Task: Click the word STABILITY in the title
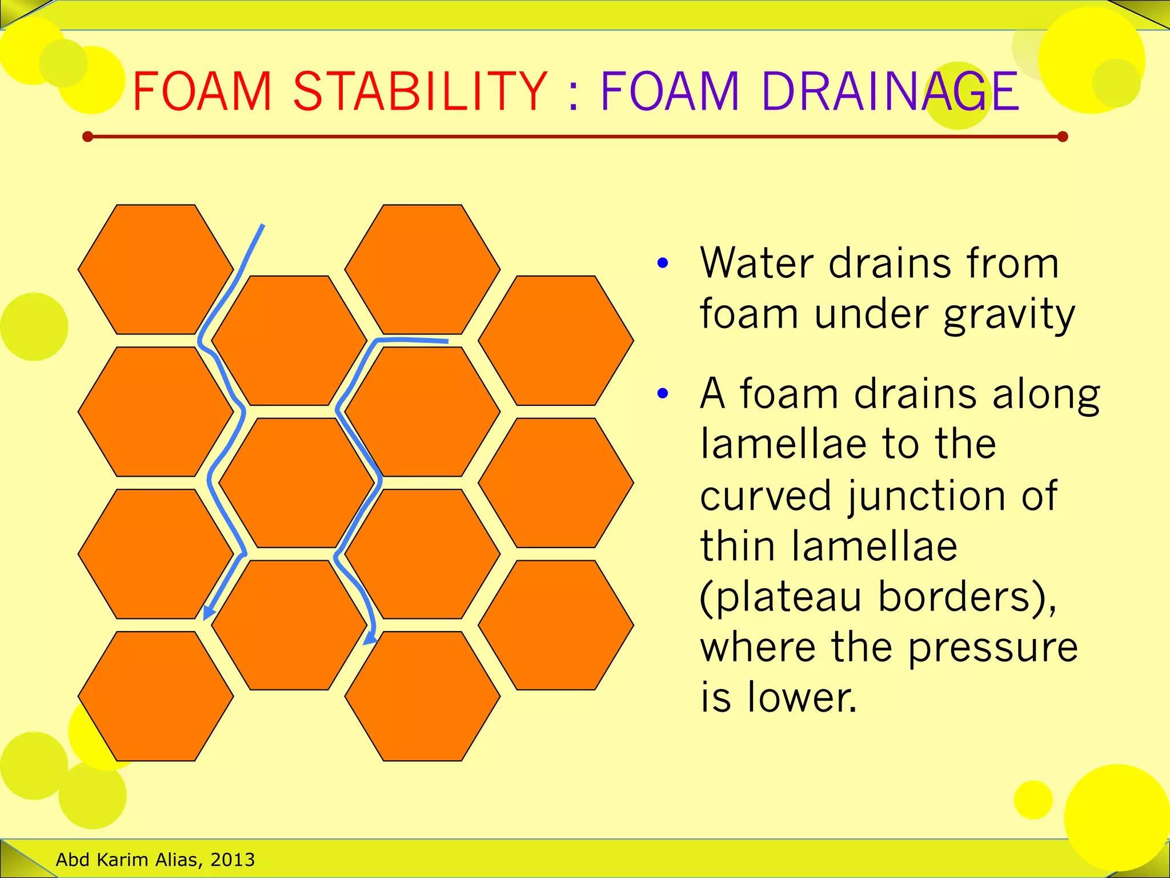pos(420,91)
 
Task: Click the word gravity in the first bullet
pos(1009,316)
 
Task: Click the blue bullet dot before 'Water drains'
pos(663,263)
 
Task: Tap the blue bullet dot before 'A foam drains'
pos(663,393)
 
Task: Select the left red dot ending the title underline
pos(87,137)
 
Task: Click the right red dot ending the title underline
pos(1063,137)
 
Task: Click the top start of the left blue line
pos(262,226)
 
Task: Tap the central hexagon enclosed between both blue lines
pos(296,483)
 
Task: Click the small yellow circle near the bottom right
pos(1033,800)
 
